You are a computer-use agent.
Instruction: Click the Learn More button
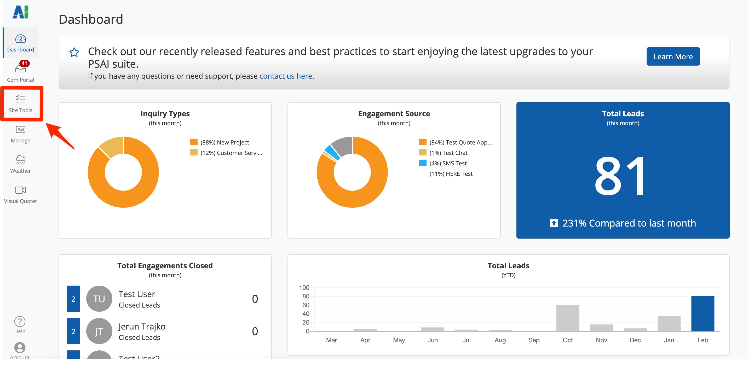(672, 56)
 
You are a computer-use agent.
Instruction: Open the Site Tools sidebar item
(20, 103)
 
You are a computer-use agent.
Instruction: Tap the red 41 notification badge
(24, 63)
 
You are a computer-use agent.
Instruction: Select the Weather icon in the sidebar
(20, 159)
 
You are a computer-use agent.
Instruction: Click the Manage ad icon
(20, 130)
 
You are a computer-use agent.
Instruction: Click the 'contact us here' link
(285, 76)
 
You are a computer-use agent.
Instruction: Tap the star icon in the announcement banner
(74, 52)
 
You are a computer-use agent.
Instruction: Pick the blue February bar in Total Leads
(703, 313)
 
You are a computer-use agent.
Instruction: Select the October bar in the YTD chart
(567, 318)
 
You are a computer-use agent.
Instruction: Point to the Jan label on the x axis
(669, 340)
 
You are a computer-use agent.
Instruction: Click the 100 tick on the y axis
(304, 287)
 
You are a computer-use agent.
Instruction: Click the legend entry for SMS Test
(448, 163)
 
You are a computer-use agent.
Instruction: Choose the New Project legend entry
(225, 142)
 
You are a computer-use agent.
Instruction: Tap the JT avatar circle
(99, 331)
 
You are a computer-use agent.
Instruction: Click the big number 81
(620, 176)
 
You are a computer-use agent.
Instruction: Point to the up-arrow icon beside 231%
(554, 223)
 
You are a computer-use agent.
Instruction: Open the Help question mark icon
(20, 322)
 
